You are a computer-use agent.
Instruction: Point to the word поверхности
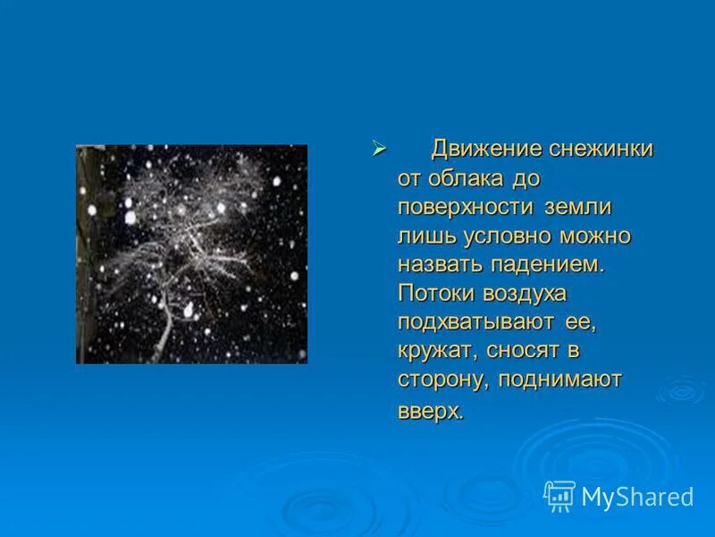(x=467, y=208)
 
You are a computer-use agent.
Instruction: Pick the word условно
(x=509, y=236)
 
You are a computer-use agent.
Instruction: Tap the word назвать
(x=440, y=265)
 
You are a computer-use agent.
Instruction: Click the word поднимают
(x=560, y=379)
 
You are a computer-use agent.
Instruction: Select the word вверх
(x=431, y=412)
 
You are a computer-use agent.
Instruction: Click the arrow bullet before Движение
(x=378, y=149)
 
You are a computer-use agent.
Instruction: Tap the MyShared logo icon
(x=559, y=496)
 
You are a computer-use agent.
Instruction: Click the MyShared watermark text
(x=637, y=497)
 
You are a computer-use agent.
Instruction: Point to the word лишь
(x=426, y=236)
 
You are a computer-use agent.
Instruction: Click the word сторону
(x=442, y=379)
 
